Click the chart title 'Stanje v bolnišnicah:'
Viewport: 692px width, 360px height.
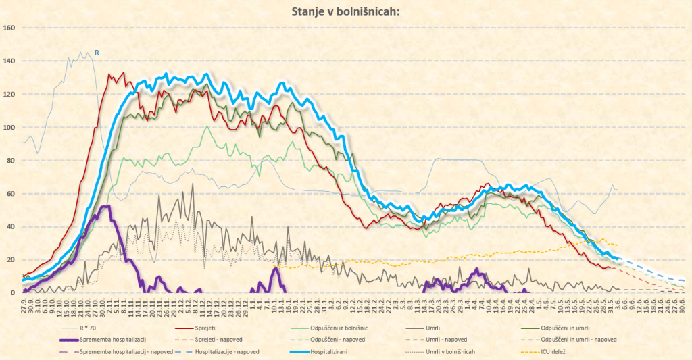345,11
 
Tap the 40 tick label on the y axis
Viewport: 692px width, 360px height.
11,227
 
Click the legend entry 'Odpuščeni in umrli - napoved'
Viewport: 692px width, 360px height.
580,340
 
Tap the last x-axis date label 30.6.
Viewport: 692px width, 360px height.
685,303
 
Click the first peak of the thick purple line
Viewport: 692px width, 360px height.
105,206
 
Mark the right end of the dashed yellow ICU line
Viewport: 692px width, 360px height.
618,245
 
